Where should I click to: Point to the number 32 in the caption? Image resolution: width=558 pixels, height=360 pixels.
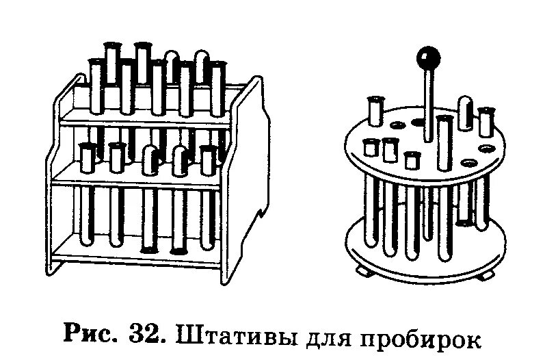[x=145, y=336]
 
